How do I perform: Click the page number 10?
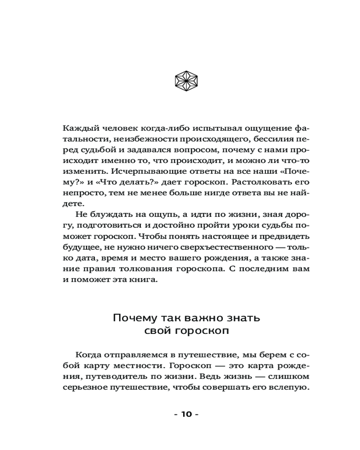point(186,414)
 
